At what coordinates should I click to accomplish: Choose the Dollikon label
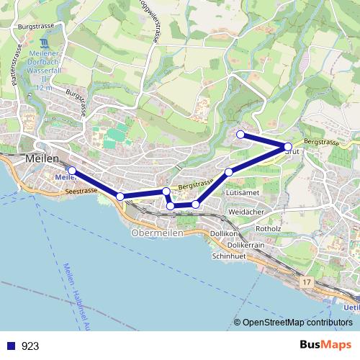pyautogui.click(x=224, y=235)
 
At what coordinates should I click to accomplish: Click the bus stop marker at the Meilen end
pyautogui.click(x=72, y=171)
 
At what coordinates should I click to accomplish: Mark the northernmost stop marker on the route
pyautogui.click(x=240, y=134)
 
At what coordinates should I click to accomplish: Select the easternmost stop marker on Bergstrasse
pyautogui.click(x=288, y=146)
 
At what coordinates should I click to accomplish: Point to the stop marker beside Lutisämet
pyautogui.click(x=229, y=171)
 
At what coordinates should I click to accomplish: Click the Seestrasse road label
pyautogui.click(x=80, y=192)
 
